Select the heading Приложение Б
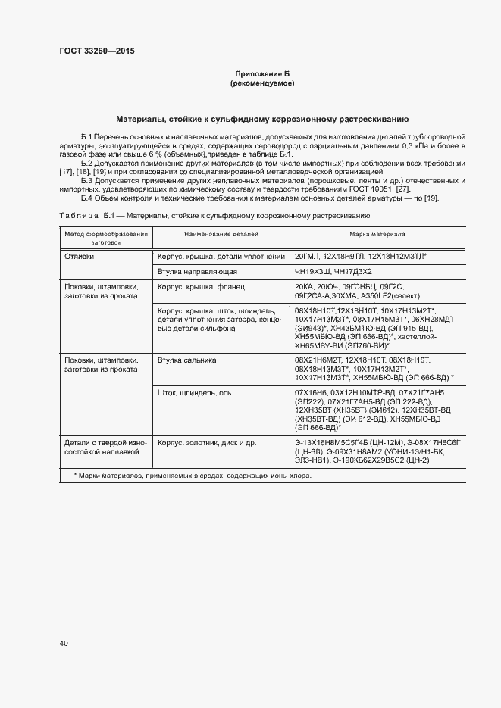[261, 73]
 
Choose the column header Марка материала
[377, 235]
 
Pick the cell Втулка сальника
[187, 360]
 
